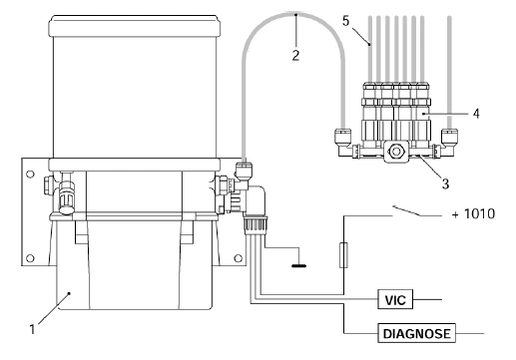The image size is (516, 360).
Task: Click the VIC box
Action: coord(395,299)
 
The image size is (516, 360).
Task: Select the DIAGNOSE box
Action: coord(416,333)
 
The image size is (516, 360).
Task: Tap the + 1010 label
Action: coord(473,213)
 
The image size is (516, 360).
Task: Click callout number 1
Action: coord(32,329)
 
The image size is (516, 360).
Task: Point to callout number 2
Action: coord(295,55)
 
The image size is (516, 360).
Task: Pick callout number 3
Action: coord(445,183)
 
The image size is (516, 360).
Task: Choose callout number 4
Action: coord(476,114)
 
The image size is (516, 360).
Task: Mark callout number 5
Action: coord(346,21)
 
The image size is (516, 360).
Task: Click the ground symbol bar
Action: coord(299,265)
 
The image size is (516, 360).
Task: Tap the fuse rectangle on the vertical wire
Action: coord(343,255)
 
